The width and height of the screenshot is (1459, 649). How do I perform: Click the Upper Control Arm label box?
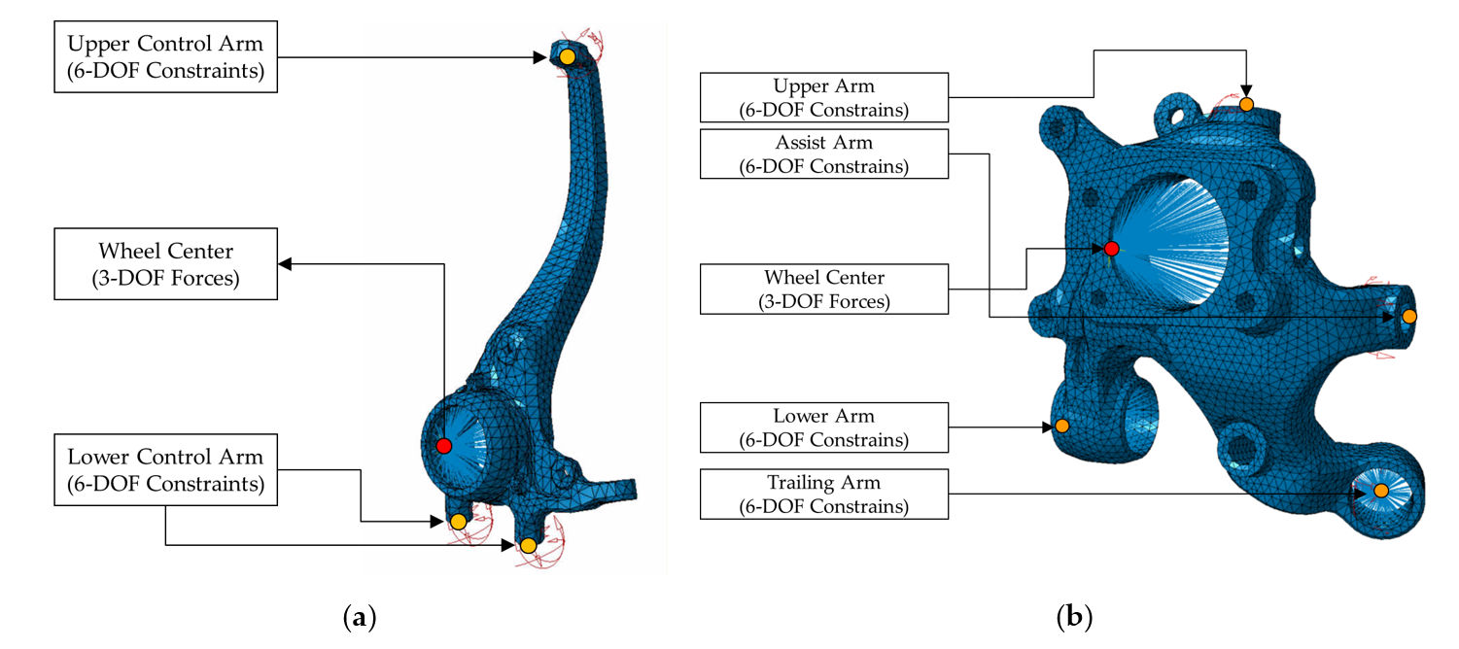(165, 56)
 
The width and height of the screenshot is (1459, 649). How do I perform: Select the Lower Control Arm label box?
(165, 470)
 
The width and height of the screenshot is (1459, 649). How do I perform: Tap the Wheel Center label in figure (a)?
(165, 263)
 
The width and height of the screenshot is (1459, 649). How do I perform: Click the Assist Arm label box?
(824, 154)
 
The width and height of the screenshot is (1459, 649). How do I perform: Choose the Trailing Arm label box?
(824, 495)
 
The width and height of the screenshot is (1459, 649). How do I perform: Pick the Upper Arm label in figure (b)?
(824, 98)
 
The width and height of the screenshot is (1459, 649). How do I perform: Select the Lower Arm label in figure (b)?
(824, 427)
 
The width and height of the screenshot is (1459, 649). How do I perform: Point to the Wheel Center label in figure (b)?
(824, 289)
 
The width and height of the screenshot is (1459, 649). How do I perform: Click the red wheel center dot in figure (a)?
(444, 446)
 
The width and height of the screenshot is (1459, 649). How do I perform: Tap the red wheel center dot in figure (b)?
(1112, 248)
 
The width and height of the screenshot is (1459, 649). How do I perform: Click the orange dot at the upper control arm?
(568, 56)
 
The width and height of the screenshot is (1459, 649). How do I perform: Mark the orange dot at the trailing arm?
(1381, 491)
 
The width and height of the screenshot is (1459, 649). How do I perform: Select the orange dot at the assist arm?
(1408, 317)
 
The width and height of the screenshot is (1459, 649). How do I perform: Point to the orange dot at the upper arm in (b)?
(1246, 104)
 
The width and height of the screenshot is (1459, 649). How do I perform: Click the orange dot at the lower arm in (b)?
(1061, 426)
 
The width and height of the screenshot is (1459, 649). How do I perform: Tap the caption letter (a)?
(360, 616)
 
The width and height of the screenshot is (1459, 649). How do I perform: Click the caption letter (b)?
(1074, 616)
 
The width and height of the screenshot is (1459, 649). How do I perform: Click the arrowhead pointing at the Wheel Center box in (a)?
(285, 263)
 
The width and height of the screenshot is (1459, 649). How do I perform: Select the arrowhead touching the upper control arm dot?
(539, 57)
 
